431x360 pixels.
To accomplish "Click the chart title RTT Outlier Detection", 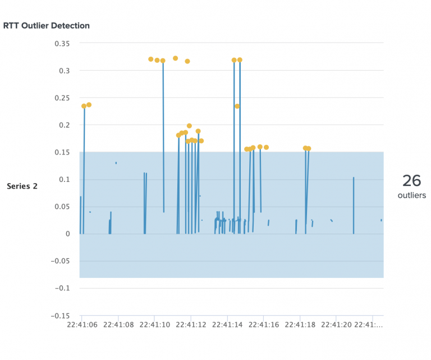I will click(47, 26).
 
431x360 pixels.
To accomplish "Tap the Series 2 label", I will click(22, 186).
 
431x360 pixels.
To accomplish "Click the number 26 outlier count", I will click(411, 181).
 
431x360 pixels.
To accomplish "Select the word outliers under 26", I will click(411, 196).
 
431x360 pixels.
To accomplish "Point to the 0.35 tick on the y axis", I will click(62, 43).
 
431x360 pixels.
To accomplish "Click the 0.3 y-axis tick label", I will click(64, 71).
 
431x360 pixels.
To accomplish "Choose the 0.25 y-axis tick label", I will click(62, 98).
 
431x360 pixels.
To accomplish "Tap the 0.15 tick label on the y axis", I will click(62, 152).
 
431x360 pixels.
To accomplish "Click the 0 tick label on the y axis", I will click(68, 234).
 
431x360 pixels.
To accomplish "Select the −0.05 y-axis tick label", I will click(59, 261).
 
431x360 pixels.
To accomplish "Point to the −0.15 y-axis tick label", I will click(59, 316).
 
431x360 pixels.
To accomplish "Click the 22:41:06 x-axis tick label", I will click(82, 324).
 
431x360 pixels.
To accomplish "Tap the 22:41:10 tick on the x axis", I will click(155, 324).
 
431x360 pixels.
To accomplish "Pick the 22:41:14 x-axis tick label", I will click(227, 324).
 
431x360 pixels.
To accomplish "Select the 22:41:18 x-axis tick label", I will click(300, 324).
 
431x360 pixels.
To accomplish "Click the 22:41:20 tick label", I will click(336, 324).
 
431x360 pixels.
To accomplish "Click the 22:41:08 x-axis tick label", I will click(118, 324).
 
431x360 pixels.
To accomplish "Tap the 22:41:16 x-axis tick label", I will click(263, 324).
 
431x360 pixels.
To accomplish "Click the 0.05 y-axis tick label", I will click(62, 207).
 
